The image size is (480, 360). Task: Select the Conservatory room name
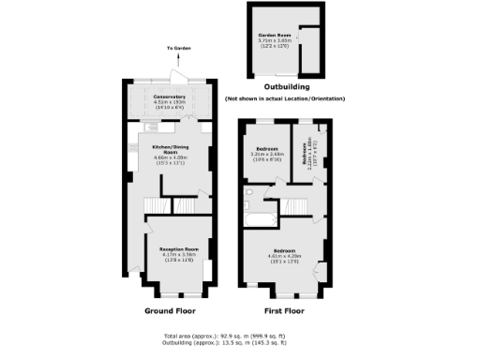(169, 96)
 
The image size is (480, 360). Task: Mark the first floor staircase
(298, 205)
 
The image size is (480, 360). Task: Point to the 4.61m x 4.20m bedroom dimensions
(283, 257)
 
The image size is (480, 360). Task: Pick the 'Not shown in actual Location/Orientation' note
(285, 98)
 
